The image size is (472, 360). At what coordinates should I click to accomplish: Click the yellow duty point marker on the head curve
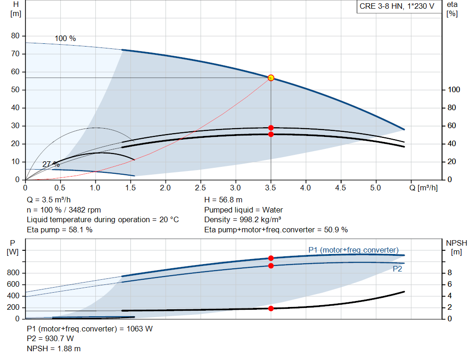[271, 78]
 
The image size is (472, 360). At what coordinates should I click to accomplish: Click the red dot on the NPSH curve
[271, 308]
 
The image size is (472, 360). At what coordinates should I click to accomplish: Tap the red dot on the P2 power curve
[271, 266]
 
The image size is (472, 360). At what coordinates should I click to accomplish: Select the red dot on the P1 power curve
[271, 258]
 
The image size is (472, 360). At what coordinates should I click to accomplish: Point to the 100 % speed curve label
[65, 39]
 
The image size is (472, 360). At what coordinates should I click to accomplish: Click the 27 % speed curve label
[51, 165]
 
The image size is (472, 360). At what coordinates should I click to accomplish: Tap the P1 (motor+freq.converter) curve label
[354, 250]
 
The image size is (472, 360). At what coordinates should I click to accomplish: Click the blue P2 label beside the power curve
[397, 269]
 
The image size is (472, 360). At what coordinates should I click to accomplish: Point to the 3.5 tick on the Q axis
[271, 188]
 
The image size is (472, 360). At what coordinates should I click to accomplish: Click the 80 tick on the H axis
[15, 36]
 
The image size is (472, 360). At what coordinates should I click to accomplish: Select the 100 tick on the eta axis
[454, 90]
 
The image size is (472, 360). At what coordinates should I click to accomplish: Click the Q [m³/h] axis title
[424, 188]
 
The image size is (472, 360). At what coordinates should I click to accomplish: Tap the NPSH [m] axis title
[456, 248]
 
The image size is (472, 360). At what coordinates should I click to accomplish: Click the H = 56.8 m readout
[224, 200]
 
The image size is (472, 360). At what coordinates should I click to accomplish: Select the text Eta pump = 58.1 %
[59, 230]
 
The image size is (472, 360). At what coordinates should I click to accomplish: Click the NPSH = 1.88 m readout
[53, 349]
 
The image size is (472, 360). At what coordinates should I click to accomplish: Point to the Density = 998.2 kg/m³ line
[242, 220]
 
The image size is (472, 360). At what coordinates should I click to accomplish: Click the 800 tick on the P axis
[13, 273]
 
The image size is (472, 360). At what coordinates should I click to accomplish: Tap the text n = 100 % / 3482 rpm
[64, 210]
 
